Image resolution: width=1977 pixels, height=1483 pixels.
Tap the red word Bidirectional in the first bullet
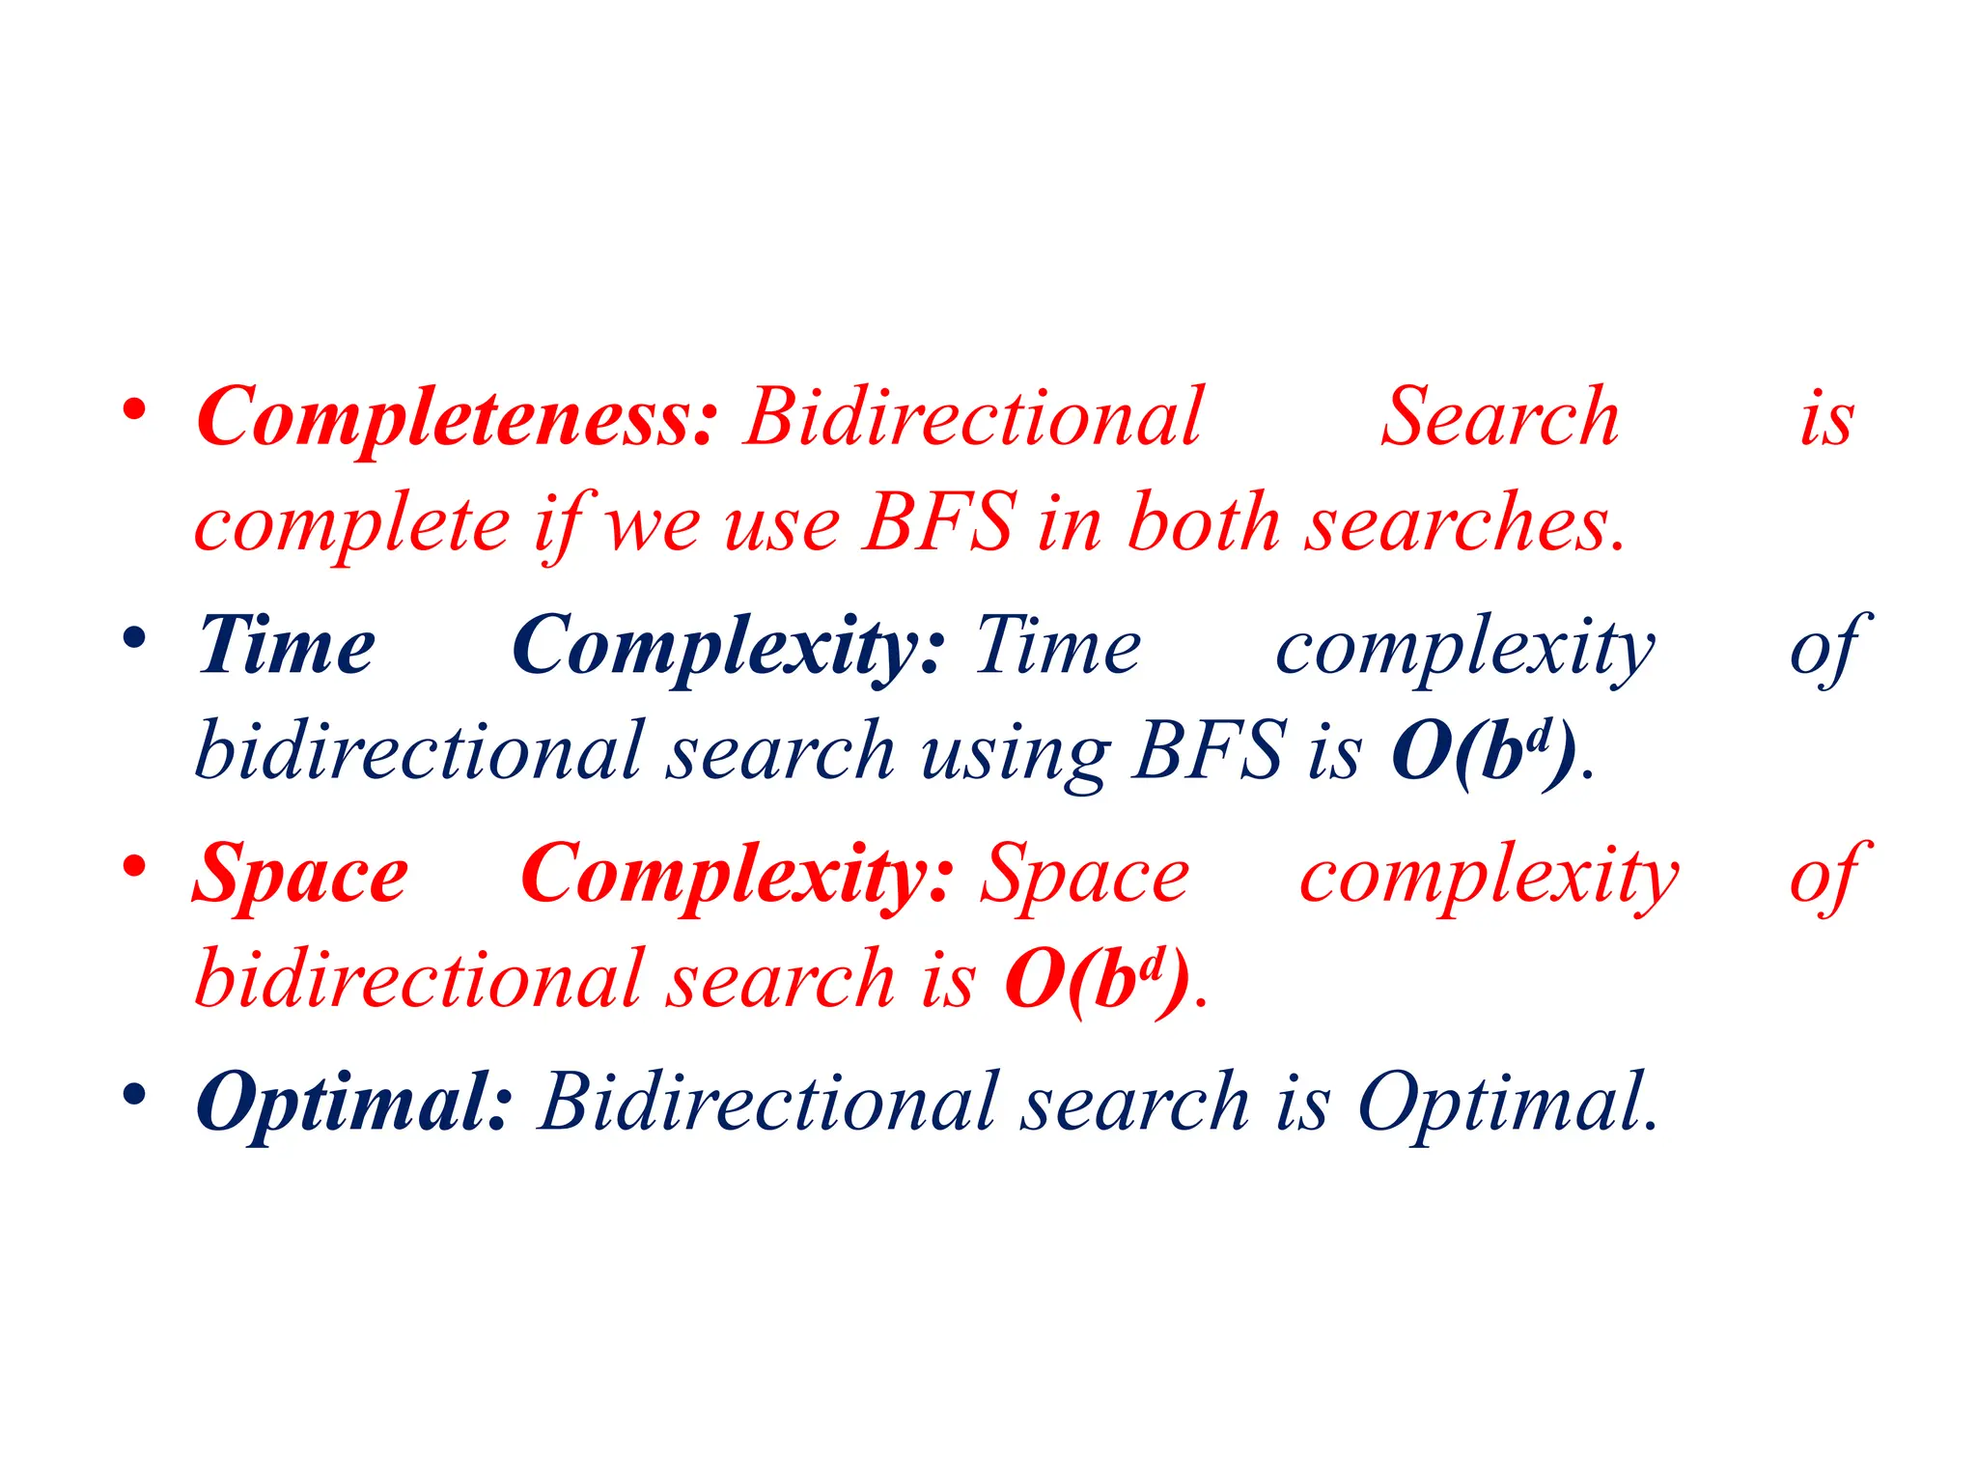[973, 418]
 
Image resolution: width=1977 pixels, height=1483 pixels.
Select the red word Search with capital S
[1499, 418]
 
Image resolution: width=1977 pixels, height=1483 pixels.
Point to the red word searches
[1463, 523]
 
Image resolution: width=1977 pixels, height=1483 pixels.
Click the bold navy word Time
[287, 646]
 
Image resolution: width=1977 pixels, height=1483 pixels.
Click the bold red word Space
[301, 875]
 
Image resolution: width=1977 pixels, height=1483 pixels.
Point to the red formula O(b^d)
[1098, 980]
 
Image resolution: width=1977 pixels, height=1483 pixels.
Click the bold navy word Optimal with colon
[353, 1104]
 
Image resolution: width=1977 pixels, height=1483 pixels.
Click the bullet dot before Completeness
[134, 409]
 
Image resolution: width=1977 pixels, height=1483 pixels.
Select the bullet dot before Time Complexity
[134, 638]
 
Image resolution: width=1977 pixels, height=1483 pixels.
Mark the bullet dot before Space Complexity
[134, 866]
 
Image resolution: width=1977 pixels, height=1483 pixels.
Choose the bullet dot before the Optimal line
[134, 1094]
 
